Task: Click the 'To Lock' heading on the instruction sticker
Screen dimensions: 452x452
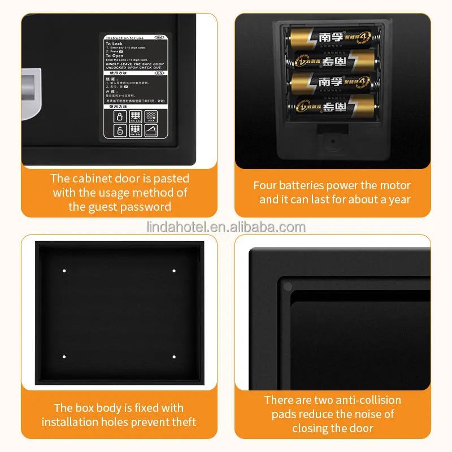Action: pyautogui.click(x=114, y=44)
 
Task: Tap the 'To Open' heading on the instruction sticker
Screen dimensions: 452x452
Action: pyautogui.click(x=114, y=56)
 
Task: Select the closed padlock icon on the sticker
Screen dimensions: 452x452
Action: pyautogui.click(x=119, y=117)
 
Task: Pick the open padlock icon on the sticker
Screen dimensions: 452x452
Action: pyautogui.click(x=119, y=131)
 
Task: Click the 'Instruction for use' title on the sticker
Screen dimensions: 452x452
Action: pyautogui.click(x=125, y=37)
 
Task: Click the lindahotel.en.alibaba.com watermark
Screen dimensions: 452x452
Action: pyautogui.click(x=225, y=228)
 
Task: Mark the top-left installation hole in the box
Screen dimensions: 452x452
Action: pyautogui.click(x=64, y=271)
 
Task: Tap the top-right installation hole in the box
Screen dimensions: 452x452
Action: pyautogui.click(x=173, y=271)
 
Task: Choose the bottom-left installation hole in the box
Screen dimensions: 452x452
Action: pyautogui.click(x=64, y=357)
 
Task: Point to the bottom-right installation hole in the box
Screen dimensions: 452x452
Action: pyautogui.click(x=173, y=357)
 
